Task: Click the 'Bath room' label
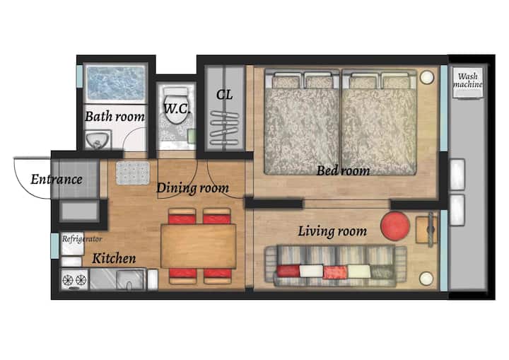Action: tap(115, 116)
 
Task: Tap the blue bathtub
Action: tap(115, 83)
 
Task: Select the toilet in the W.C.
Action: tap(176, 105)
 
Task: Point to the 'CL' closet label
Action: tap(224, 95)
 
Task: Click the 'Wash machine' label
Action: tap(468, 80)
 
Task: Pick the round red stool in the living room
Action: tap(395, 226)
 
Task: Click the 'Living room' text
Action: tap(332, 231)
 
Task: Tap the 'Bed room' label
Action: tap(343, 170)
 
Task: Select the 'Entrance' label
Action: tap(57, 180)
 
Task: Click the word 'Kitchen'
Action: tap(114, 259)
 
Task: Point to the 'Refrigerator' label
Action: tap(82, 239)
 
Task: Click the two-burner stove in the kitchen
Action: tap(75, 279)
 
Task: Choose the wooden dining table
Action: tap(199, 246)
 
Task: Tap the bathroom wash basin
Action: tap(98, 140)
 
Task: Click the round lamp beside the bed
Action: tap(426, 77)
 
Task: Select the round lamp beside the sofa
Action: tap(426, 279)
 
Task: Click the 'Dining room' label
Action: tap(192, 188)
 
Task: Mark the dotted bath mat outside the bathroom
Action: tap(133, 173)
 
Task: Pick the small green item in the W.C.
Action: tap(192, 136)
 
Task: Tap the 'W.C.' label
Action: tap(177, 108)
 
